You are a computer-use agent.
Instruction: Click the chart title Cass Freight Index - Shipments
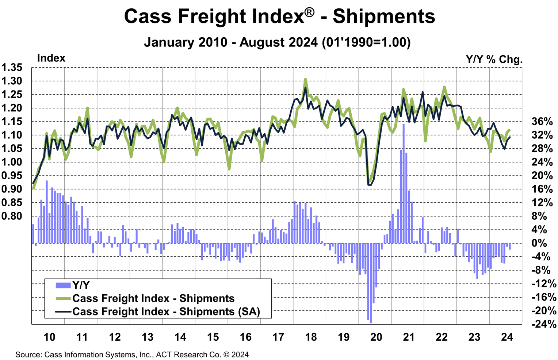pos(279,16)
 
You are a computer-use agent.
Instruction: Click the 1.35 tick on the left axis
pos(12,68)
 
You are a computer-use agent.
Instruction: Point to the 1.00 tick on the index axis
pos(12,162)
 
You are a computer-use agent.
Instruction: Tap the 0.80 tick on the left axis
pos(12,216)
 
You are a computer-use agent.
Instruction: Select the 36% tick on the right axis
pos(542,122)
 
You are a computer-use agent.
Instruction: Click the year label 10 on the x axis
pos(49,337)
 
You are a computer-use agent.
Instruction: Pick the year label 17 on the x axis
pos(278,337)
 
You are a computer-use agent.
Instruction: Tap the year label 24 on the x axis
pos(507,337)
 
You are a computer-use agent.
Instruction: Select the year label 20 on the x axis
pos(376,337)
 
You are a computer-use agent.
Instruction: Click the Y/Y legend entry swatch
pos(63,285)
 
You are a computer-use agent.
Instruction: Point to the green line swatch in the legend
pos(63,298)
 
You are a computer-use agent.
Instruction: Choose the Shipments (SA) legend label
pos(166,311)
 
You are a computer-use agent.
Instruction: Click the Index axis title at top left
pos(51,58)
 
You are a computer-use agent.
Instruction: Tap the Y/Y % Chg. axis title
pos(494,59)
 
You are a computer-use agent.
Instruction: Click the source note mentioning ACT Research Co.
pos(132,355)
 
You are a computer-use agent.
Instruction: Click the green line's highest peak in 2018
pos(305,79)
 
